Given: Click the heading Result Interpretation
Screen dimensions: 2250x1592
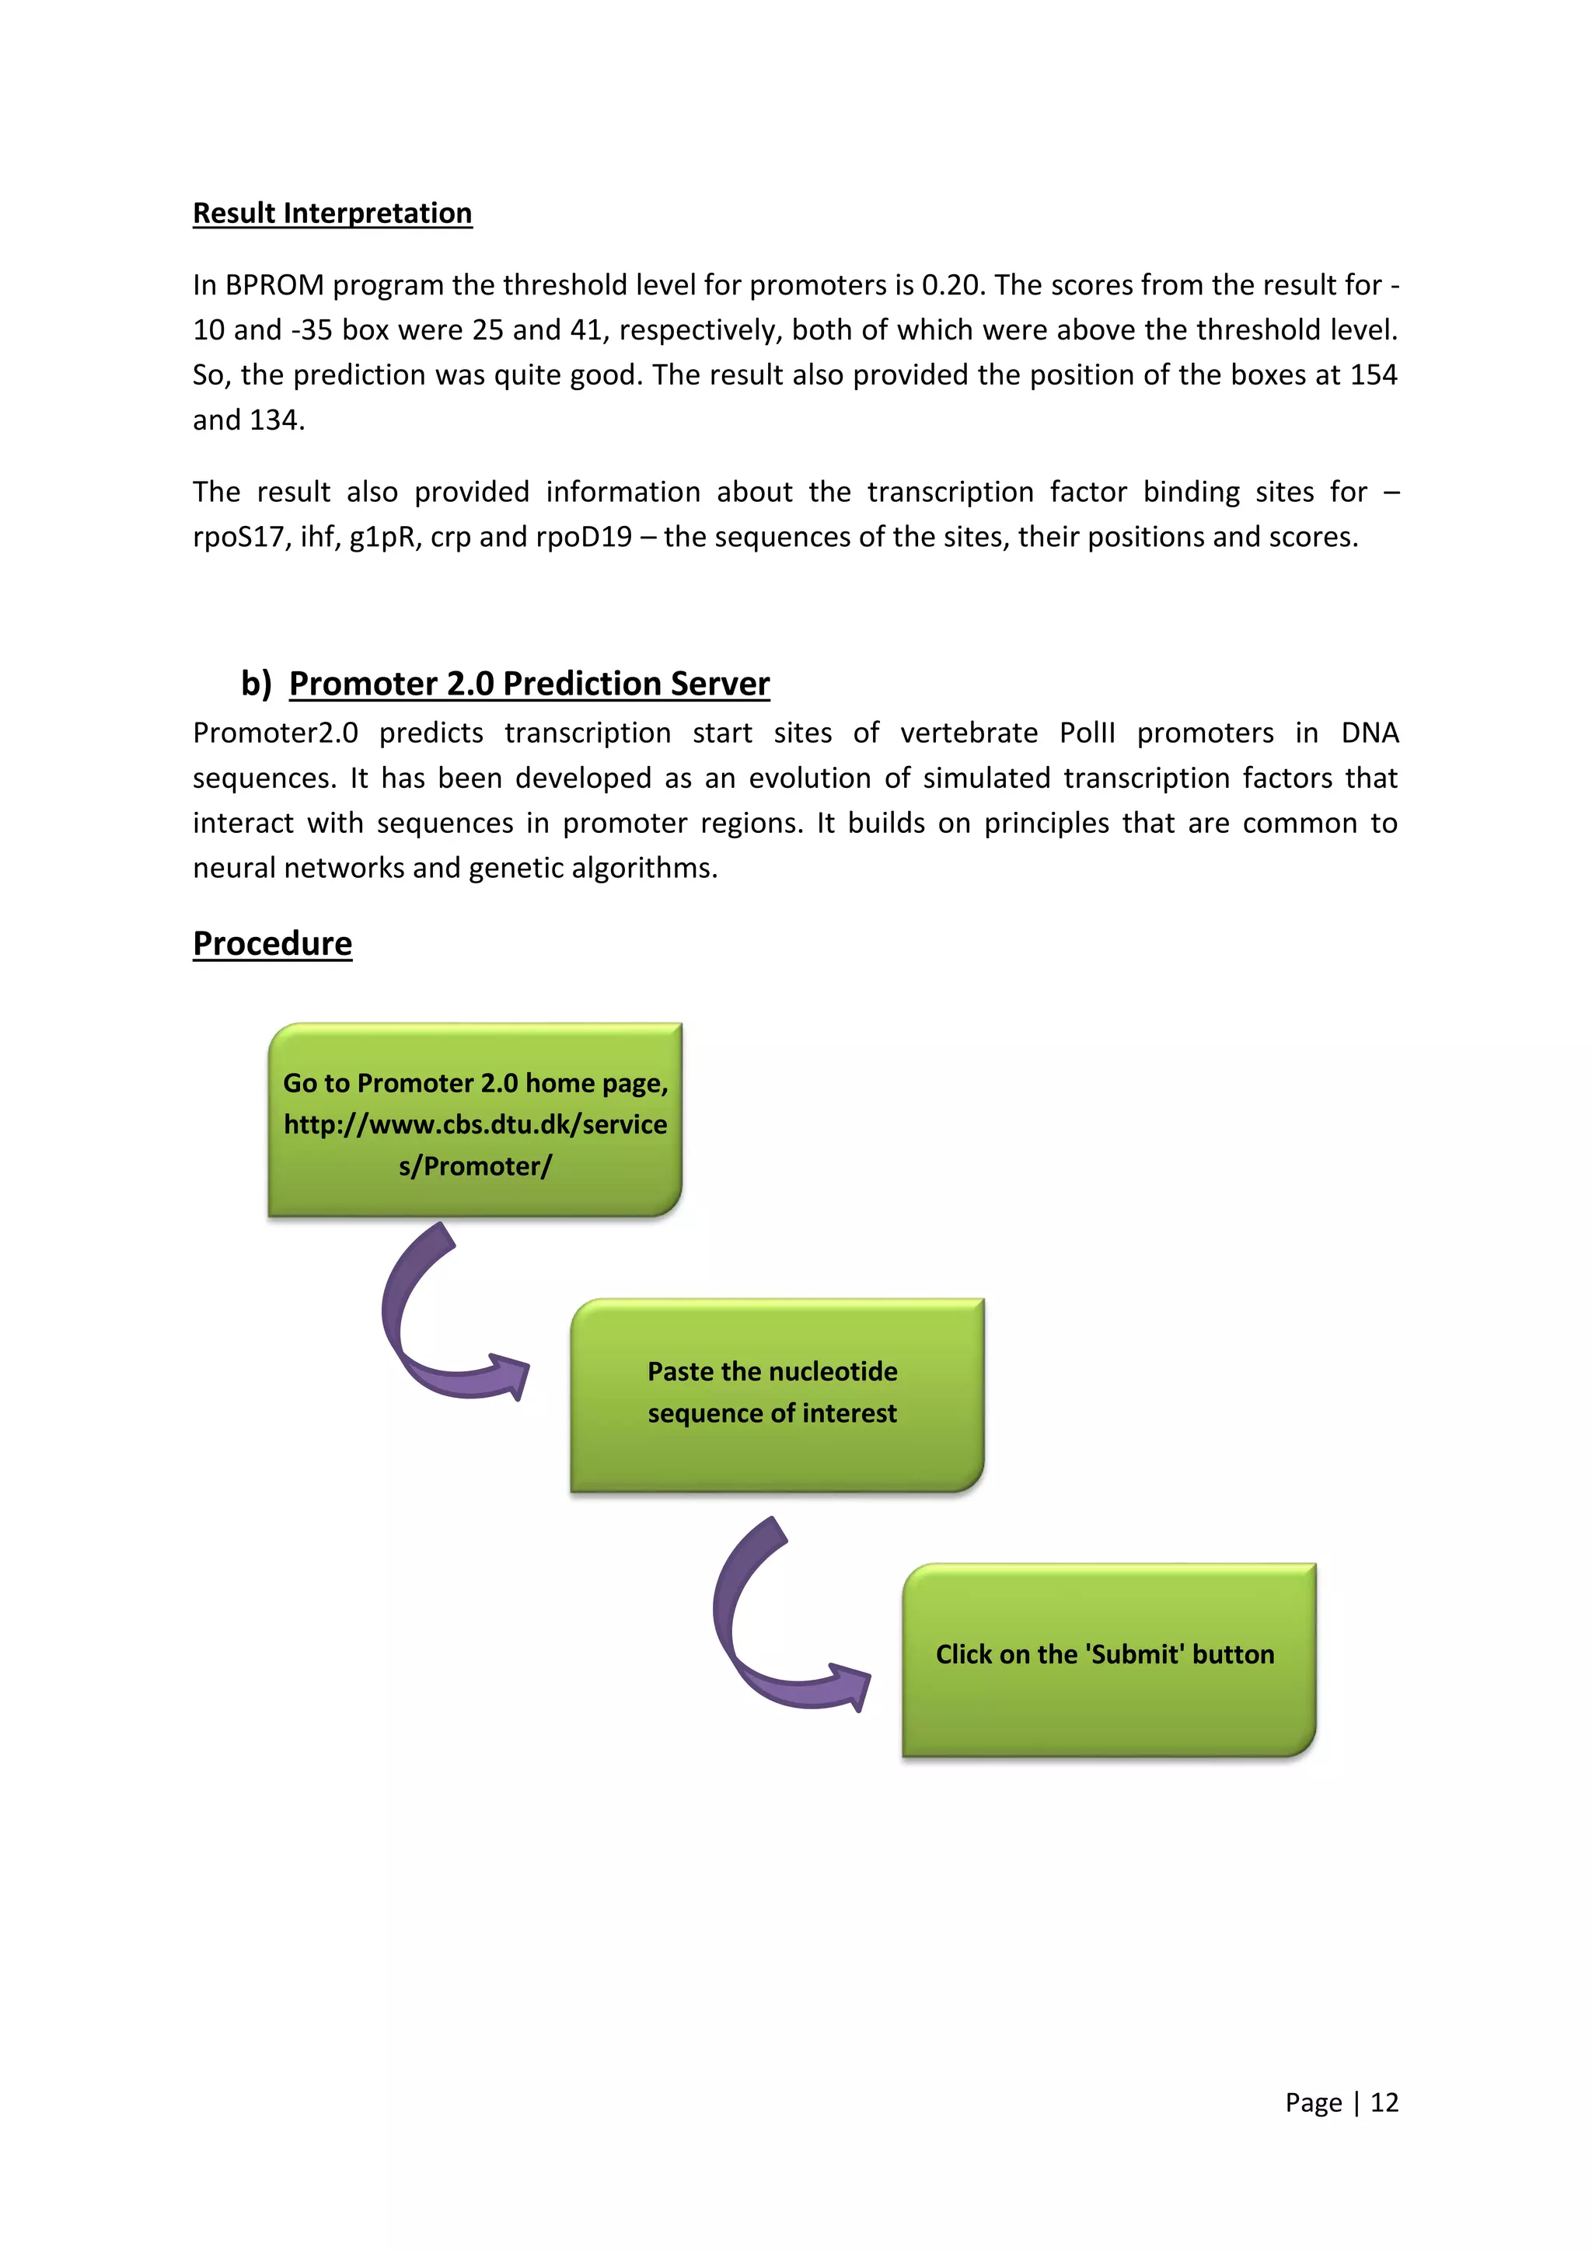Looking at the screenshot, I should (333, 214).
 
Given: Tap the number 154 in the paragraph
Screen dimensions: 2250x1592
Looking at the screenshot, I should (1373, 375).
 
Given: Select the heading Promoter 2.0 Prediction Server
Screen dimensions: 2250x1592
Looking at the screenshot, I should (529, 683).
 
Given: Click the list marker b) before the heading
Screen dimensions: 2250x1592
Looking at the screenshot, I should (256, 683).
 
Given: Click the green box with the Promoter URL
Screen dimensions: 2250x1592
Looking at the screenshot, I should (476, 1121).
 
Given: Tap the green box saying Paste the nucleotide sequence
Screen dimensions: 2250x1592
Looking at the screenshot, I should (777, 1395).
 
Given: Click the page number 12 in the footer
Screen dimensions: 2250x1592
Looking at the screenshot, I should (1384, 2102).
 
